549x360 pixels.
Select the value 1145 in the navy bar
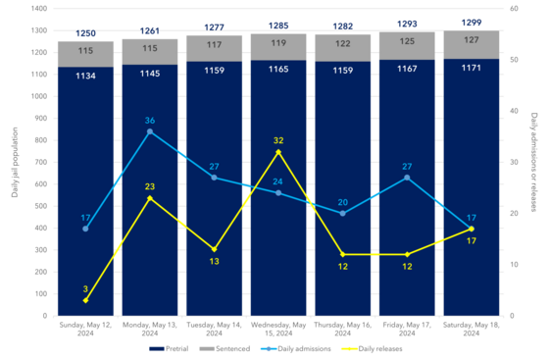click(x=150, y=73)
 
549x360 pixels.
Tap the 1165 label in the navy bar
click(x=278, y=70)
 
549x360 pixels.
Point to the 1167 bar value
click(x=407, y=69)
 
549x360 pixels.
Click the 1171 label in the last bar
click(x=472, y=68)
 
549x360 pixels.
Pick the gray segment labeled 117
click(x=214, y=43)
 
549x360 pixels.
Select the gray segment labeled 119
click(x=278, y=43)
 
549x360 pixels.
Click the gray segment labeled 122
click(x=342, y=44)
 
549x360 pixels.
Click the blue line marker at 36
click(x=150, y=131)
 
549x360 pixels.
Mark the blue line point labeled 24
click(x=278, y=192)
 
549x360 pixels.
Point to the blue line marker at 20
click(x=342, y=213)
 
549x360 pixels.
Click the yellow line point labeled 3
click(x=85, y=300)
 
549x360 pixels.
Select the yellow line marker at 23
click(x=150, y=198)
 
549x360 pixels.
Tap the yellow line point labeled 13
click(x=214, y=249)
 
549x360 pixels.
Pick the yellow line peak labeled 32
click(x=278, y=152)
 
